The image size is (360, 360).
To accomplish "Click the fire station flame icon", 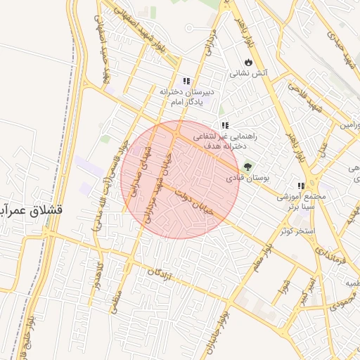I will (x=247, y=62).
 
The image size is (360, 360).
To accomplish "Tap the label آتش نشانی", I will (x=247, y=72).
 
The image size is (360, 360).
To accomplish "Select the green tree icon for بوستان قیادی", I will (x=247, y=167).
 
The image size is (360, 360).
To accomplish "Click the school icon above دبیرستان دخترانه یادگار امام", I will (x=186, y=82).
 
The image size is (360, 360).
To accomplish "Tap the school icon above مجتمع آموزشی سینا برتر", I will (x=301, y=186).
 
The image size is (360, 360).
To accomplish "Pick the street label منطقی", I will (x=115, y=303).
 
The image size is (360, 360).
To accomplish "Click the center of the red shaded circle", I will (x=181, y=179).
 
